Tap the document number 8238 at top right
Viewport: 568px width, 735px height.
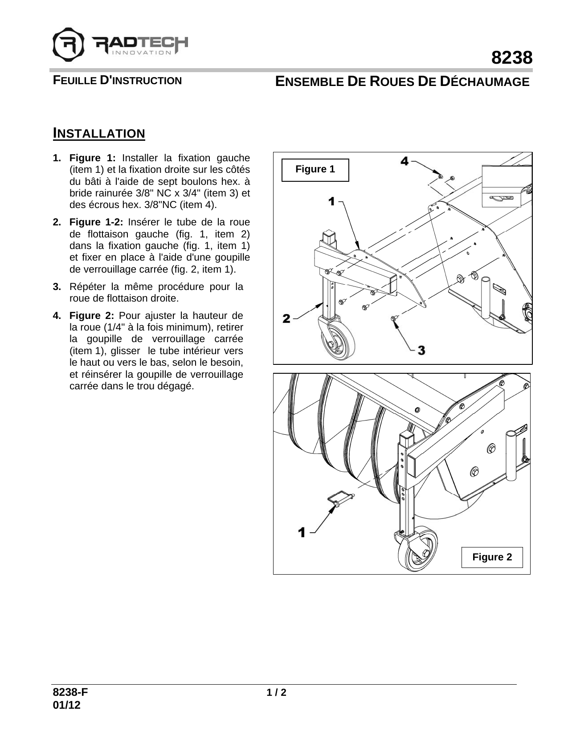pyautogui.click(x=512, y=58)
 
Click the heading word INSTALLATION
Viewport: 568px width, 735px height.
pyautogui.click(x=99, y=133)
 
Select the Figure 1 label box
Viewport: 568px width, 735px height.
pyautogui.click(x=315, y=170)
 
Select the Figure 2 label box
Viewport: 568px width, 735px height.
pyautogui.click(x=492, y=557)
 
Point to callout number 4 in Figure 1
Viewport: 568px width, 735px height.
pyautogui.click(x=405, y=161)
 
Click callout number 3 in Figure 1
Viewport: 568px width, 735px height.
pyautogui.click(x=421, y=351)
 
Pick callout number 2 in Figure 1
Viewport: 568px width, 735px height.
pyautogui.click(x=286, y=318)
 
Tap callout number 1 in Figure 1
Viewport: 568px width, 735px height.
pyautogui.click(x=331, y=201)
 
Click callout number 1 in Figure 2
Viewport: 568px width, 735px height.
pyautogui.click(x=302, y=532)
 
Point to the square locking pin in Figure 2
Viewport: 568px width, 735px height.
pyautogui.click(x=341, y=498)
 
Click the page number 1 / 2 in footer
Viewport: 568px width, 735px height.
pyautogui.click(x=276, y=693)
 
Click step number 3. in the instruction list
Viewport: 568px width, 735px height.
pyautogui.click(x=57, y=286)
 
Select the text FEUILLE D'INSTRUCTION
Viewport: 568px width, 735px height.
pyautogui.click(x=117, y=81)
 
